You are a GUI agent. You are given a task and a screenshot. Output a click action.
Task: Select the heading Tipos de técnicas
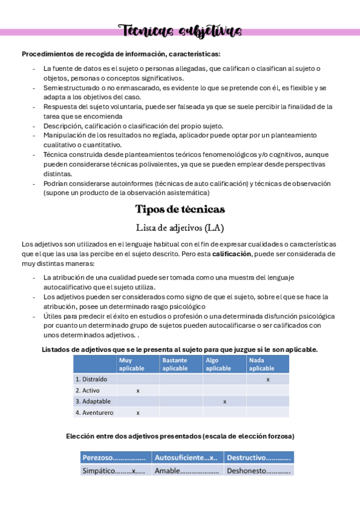180,209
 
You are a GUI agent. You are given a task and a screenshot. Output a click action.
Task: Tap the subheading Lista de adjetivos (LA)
180,227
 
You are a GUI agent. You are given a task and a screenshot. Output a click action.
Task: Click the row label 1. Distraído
91,379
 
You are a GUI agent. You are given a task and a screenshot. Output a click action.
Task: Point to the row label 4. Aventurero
94,413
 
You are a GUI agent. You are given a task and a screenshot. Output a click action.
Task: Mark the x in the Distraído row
267,379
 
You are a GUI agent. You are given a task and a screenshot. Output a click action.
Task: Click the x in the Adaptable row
224,401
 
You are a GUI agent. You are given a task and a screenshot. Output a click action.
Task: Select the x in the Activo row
138,390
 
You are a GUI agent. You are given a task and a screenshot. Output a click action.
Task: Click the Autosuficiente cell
186,458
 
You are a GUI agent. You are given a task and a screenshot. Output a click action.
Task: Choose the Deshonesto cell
258,471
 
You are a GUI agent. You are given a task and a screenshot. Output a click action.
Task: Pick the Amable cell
186,471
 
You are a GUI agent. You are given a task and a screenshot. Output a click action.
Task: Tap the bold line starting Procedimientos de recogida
121,54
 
